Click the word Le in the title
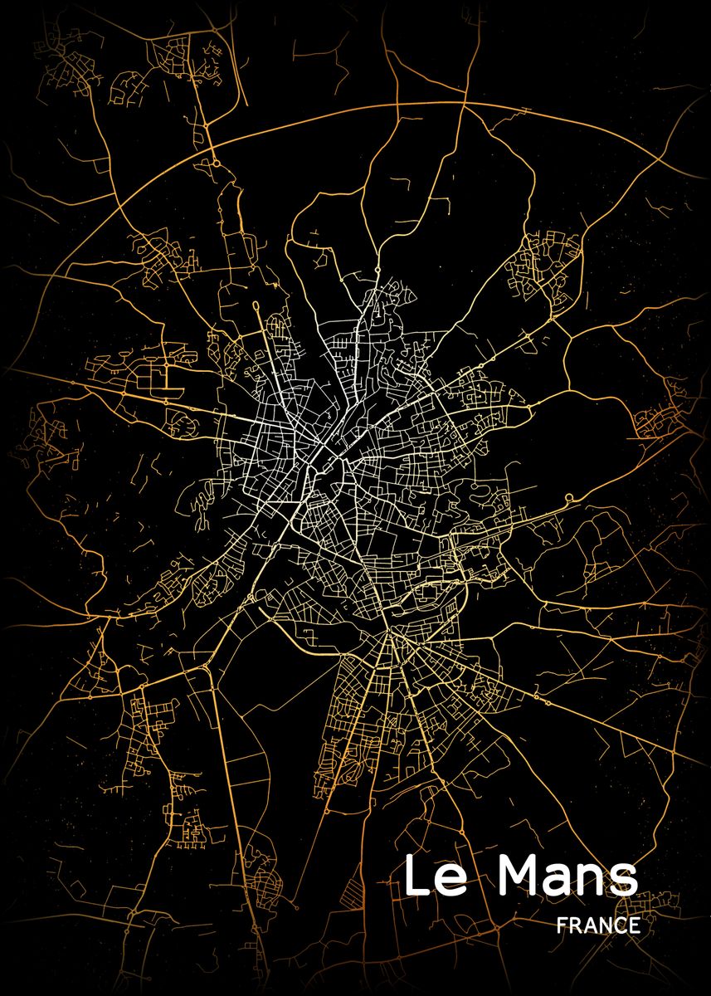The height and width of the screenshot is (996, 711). [x=435, y=878]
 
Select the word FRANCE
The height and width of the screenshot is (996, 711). [x=599, y=925]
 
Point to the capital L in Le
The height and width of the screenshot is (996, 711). [x=417, y=876]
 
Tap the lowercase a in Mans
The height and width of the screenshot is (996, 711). [x=562, y=882]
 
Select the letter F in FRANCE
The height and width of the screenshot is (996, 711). [x=563, y=925]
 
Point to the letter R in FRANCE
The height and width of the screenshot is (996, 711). [x=577, y=925]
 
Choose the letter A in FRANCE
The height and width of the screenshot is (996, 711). [x=591, y=925]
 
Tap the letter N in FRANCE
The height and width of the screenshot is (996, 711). [x=606, y=925]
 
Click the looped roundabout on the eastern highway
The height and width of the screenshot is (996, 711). [x=569, y=499]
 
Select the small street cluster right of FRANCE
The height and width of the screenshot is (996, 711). [x=664, y=901]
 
